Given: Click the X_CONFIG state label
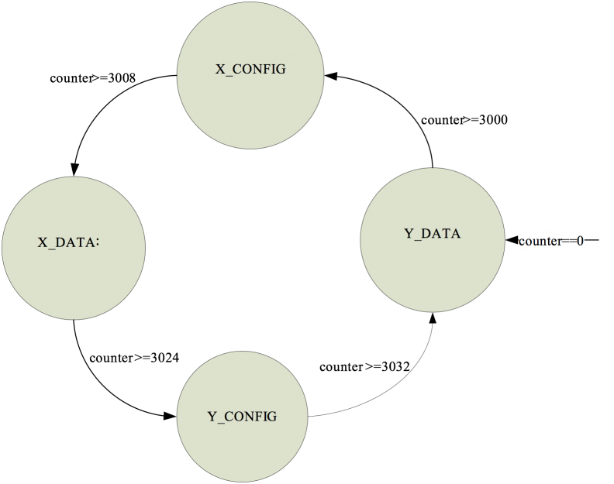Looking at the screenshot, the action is point(250,69).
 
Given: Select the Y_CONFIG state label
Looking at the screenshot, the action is point(242,417).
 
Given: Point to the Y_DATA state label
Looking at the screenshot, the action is point(433,234).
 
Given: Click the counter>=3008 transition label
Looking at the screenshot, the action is point(92,78).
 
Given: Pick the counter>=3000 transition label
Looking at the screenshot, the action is point(464,120).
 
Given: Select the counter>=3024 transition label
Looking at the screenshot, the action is point(134,358).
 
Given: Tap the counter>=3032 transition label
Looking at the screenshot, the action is point(364,367).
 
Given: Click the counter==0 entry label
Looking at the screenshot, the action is point(551,241).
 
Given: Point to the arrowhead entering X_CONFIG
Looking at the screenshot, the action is point(331,76).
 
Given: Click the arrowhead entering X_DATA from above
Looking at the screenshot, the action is point(74,169).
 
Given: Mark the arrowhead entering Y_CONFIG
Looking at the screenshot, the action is point(170,416).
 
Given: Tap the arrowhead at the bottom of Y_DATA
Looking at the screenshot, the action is point(433,318).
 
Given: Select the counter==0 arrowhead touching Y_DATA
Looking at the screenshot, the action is point(512,240).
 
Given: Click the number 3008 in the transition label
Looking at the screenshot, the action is point(122,78).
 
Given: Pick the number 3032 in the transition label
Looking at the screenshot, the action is point(395,367).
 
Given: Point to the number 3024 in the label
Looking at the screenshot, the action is point(164,358).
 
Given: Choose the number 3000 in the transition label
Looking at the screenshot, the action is point(493,120).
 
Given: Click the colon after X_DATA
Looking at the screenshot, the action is point(97,243).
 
